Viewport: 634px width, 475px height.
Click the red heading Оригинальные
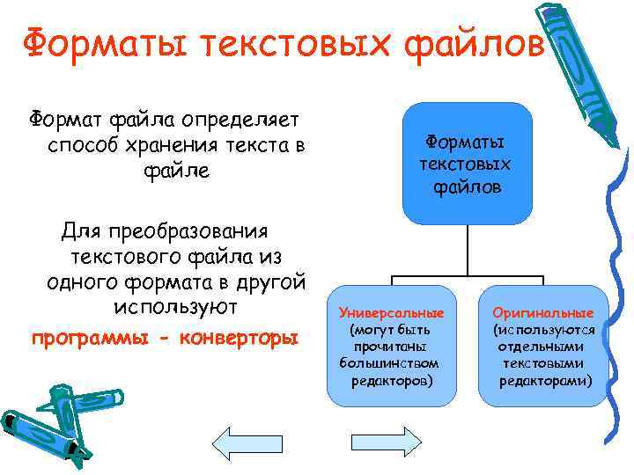tap(543, 314)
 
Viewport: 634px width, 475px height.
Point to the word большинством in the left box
tap(391, 363)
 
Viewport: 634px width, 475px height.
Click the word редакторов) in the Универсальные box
tap(391, 380)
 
